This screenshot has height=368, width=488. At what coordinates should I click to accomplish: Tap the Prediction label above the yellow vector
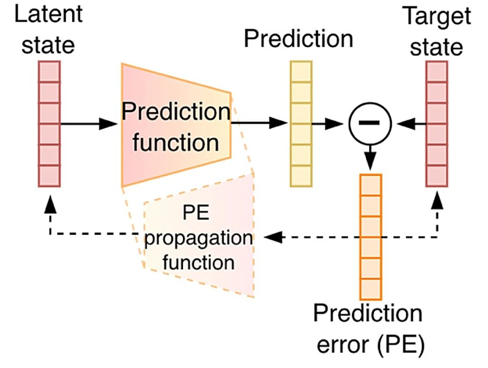point(298,39)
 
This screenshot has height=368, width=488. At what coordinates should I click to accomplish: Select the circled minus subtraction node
point(370,124)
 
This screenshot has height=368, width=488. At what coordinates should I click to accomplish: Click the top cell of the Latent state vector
point(50,70)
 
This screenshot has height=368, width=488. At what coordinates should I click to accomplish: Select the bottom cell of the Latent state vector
point(50,176)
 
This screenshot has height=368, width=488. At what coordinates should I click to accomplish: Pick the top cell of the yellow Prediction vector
point(301,70)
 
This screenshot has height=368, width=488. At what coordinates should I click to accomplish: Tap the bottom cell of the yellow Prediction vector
point(301,176)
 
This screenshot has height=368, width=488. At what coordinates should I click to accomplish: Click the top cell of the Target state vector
point(437,70)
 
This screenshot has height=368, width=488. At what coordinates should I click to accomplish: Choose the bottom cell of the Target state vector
point(437,176)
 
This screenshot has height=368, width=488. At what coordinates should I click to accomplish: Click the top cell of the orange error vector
point(371,184)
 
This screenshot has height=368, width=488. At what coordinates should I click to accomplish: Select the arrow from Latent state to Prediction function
point(89,124)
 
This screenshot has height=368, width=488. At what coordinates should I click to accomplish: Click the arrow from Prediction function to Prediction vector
point(260,124)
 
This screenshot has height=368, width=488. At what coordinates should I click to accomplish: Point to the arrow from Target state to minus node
point(411,124)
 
